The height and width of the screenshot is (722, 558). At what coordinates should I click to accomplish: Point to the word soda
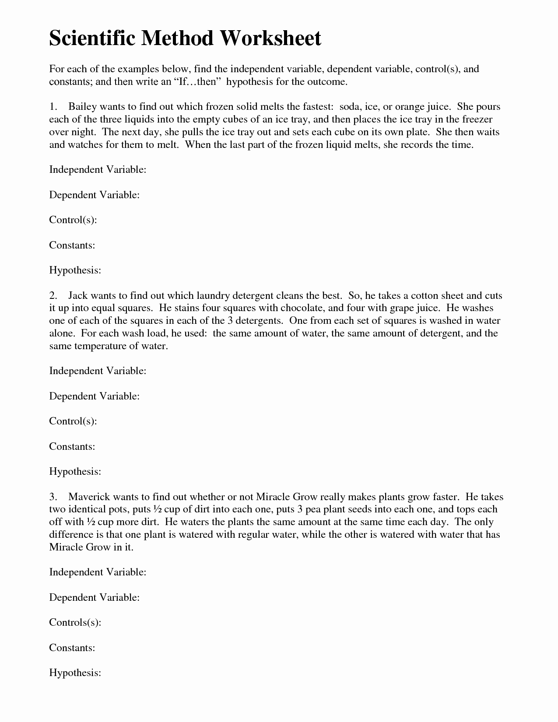(x=349, y=107)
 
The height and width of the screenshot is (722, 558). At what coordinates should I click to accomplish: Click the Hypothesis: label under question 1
(x=75, y=270)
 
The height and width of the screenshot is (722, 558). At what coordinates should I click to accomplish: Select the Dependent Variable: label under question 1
(x=94, y=195)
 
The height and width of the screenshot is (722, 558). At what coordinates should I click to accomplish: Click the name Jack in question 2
(x=78, y=296)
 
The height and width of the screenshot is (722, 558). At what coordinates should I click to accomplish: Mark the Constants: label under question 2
(x=72, y=447)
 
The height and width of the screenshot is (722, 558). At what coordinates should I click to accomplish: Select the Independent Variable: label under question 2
(x=97, y=371)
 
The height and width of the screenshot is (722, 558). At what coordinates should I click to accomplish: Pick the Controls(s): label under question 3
(x=75, y=623)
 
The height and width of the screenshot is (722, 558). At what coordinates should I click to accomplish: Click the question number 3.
(x=53, y=497)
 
